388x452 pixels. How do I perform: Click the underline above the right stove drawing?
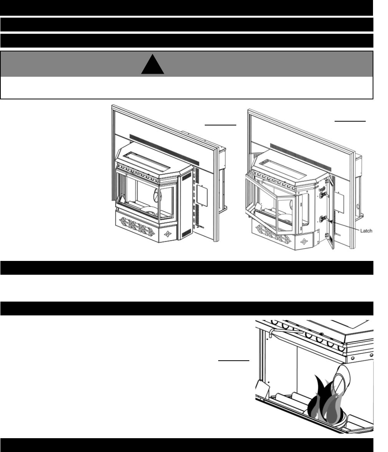pos(350,120)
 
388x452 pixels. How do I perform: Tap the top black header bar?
pos(187,7)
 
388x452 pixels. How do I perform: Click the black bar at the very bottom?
pos(187,445)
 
